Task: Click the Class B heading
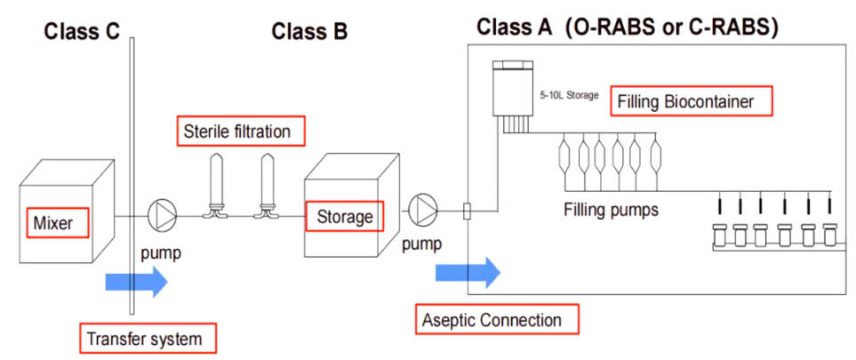[x=309, y=32]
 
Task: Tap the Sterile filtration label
[x=237, y=132]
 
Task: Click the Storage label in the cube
[x=342, y=216]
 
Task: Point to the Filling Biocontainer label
[x=691, y=101]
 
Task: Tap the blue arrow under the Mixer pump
[x=134, y=281]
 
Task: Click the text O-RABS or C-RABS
[x=675, y=28]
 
